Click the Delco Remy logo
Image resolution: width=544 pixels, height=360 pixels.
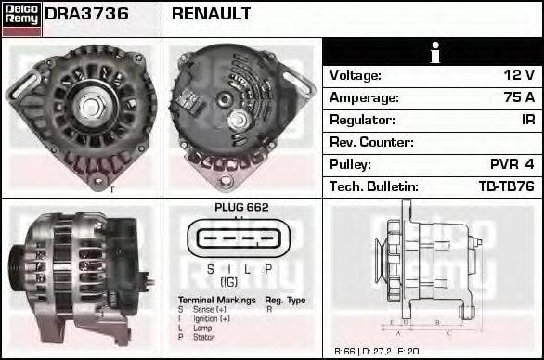click(x=21, y=19)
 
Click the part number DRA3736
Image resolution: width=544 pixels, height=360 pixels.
click(x=86, y=15)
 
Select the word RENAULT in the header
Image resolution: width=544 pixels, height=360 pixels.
click(x=211, y=15)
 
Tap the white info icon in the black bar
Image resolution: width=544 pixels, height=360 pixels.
click(x=433, y=52)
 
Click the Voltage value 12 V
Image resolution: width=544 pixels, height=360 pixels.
click(x=518, y=75)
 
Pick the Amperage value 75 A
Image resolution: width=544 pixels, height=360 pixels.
click(x=518, y=97)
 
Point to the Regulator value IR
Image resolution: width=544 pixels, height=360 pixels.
click(x=527, y=120)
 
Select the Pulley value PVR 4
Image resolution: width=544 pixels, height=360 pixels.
click(x=512, y=164)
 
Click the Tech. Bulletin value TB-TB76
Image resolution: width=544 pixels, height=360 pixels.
click(x=506, y=186)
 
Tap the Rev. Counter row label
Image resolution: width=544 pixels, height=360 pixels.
click(x=371, y=142)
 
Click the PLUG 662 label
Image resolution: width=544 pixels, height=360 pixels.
click(x=240, y=208)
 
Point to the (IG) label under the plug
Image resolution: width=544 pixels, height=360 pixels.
click(x=227, y=281)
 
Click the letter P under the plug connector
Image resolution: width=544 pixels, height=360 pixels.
click(x=268, y=269)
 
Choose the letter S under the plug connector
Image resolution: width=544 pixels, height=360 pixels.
click(x=211, y=269)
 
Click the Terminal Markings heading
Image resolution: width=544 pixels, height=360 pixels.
click(x=216, y=301)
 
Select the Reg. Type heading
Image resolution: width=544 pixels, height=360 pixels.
click(x=285, y=301)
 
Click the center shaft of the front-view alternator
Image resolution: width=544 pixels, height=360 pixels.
click(x=91, y=105)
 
